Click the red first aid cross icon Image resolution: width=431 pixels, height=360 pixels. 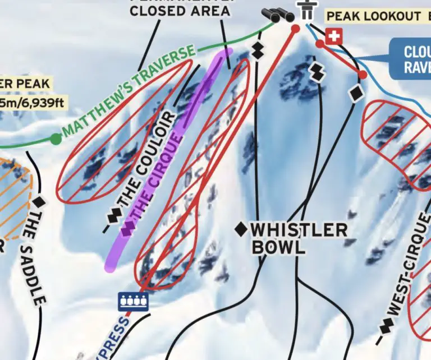pyautogui.click(x=334, y=37)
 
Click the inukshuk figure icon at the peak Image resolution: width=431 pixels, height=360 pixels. pyautogui.click(x=306, y=10)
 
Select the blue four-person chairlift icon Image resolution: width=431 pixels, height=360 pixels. pyautogui.click(x=133, y=301)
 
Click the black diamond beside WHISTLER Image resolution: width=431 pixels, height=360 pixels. pyautogui.click(x=241, y=229)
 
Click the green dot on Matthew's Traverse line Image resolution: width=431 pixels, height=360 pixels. pyautogui.click(x=55, y=139)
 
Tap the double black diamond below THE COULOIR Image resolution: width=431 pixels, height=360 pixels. pyautogui.click(x=114, y=215)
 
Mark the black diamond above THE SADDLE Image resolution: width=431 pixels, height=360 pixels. pyautogui.click(x=39, y=201)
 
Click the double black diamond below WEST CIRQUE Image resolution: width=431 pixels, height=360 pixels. pyautogui.click(x=386, y=326)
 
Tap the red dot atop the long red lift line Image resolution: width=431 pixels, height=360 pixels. pyautogui.click(x=296, y=29)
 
